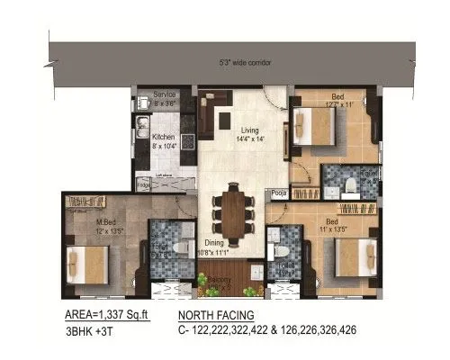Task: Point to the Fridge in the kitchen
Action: point(143,184)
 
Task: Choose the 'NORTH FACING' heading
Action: point(215,316)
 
